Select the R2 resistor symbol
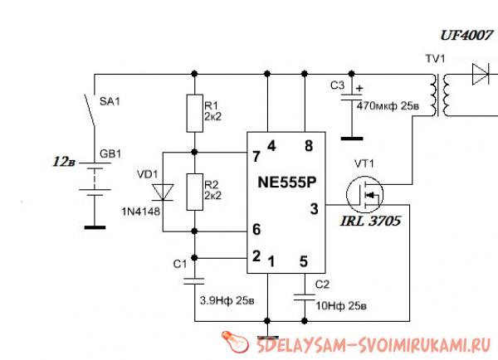pos(193,192)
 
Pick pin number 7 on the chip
pos(256,155)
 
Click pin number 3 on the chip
pos(314,208)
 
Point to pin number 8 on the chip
pos(309,146)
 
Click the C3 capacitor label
pos(337,85)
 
